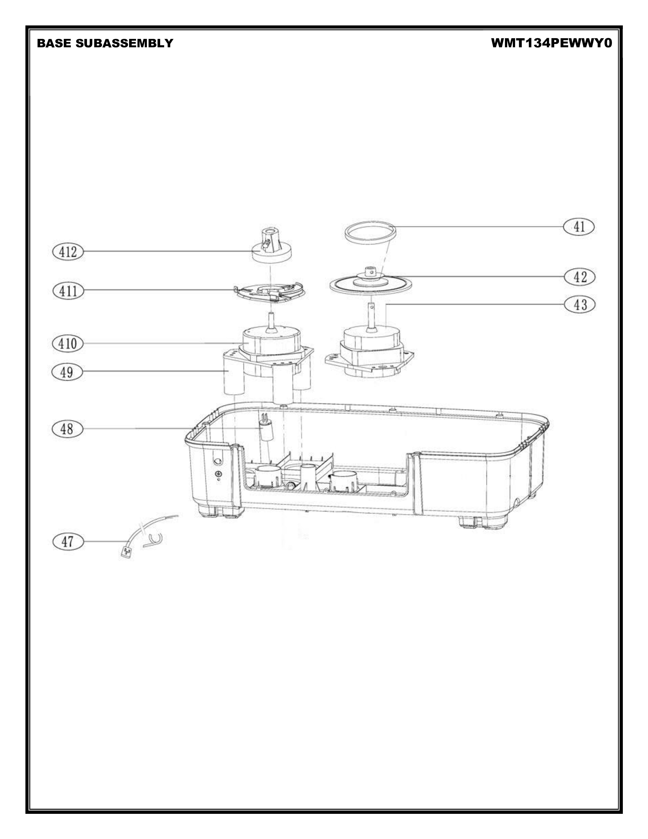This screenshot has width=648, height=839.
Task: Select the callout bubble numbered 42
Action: coord(580,277)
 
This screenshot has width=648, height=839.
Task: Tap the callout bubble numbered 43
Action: coord(580,305)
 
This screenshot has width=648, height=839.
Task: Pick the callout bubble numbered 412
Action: coord(68,252)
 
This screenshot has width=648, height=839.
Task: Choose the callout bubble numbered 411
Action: coord(68,290)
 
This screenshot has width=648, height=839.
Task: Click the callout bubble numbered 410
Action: coord(68,343)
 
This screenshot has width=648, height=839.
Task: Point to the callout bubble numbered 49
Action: coord(67,372)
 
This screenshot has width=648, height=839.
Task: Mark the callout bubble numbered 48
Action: coord(67,428)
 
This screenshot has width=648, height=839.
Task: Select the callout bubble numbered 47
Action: coord(68,541)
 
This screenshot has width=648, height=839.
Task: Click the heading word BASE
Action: coord(54,43)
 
